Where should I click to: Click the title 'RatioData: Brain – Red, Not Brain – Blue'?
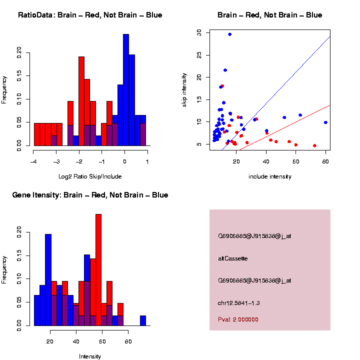[90, 15]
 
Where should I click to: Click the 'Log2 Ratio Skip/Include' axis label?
[90, 176]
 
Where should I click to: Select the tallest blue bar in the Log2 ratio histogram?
[126, 90]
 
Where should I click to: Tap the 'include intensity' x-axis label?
[270, 176]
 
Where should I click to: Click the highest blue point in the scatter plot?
[229, 34]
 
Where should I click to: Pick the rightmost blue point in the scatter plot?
[325, 122]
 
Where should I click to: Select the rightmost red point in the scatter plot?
[314, 145]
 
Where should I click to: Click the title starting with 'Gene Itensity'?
[90, 195]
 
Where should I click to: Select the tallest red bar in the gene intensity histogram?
[98, 270]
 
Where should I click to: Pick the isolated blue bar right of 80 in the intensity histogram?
[143, 320]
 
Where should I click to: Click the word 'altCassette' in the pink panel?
[233, 258]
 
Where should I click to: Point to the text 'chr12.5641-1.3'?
[239, 303]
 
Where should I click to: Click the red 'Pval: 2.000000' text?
[238, 319]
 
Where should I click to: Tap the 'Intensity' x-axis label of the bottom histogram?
[90, 356]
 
